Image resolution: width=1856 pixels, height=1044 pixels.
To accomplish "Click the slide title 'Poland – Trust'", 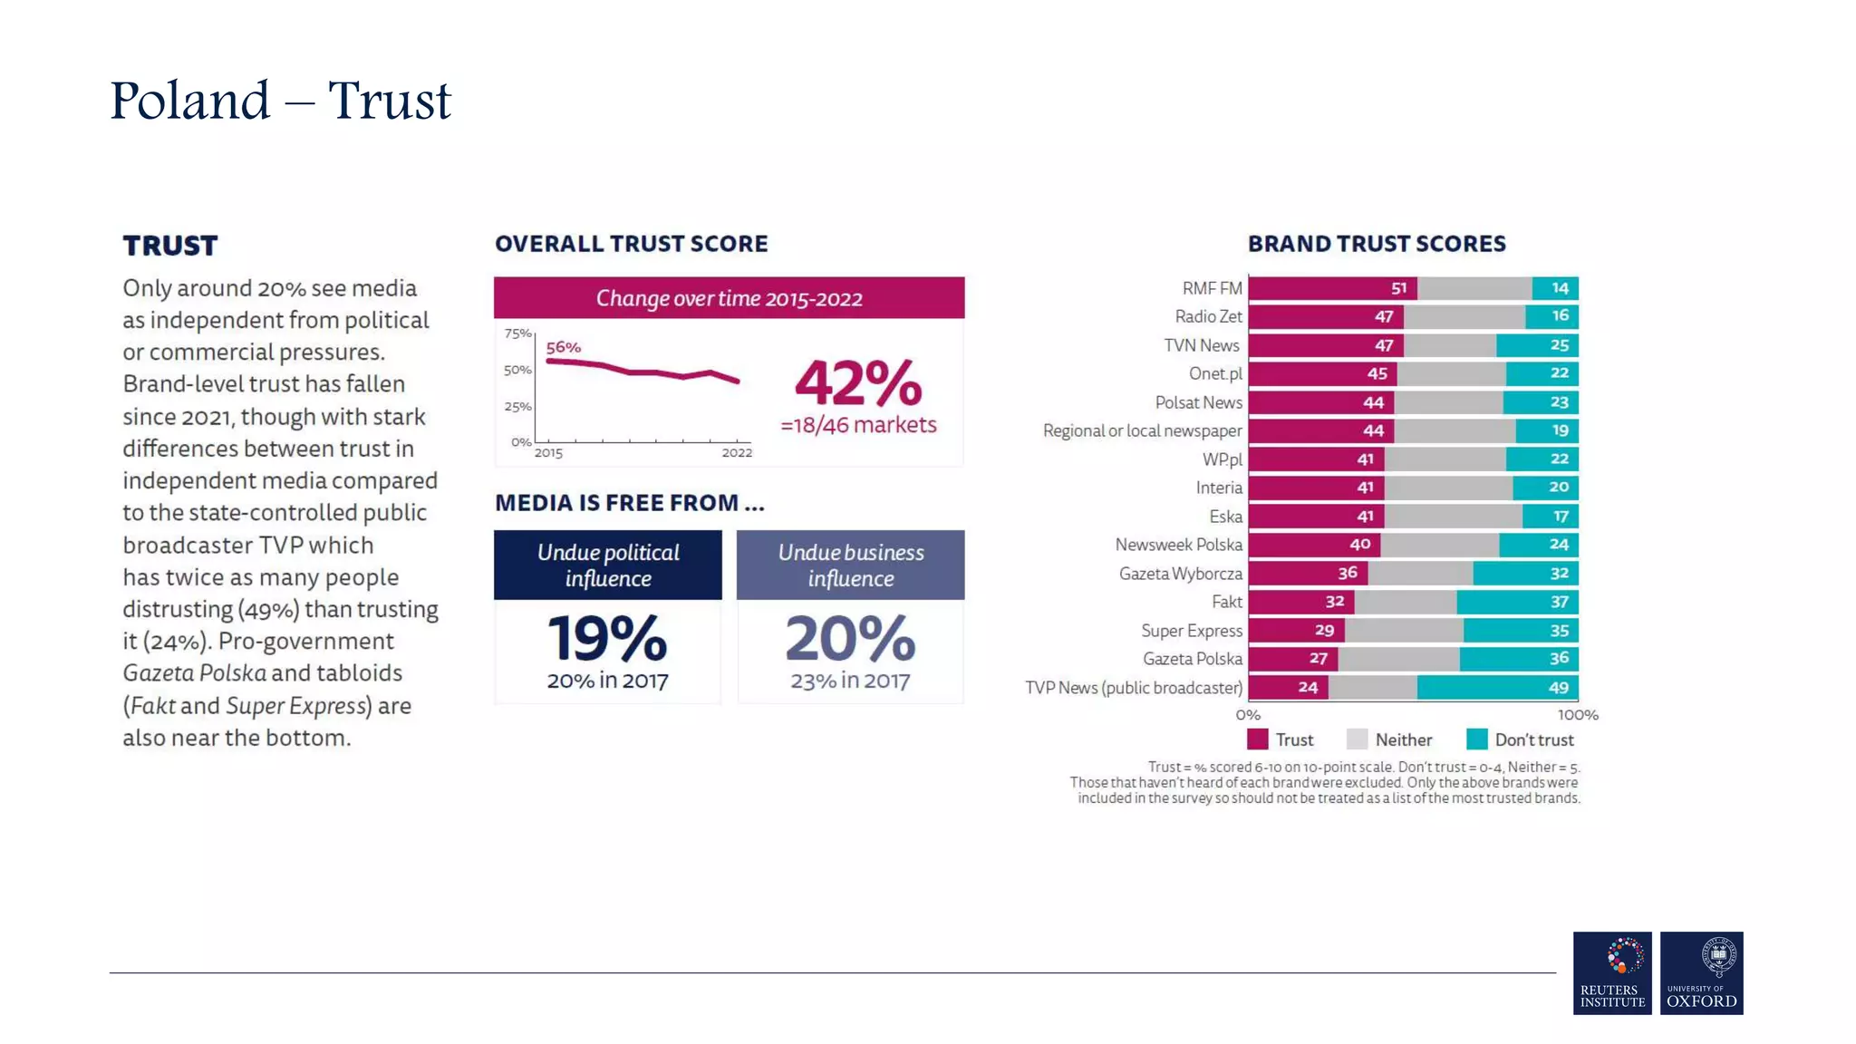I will [x=280, y=100].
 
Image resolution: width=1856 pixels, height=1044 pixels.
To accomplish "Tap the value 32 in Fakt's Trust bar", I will [x=1335, y=602].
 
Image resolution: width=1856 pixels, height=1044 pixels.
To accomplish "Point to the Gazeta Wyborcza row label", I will [x=1180, y=574].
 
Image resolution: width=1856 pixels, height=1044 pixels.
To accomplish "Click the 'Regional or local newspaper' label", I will [x=1142, y=430].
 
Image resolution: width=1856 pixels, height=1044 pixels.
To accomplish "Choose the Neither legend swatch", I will [x=1357, y=739].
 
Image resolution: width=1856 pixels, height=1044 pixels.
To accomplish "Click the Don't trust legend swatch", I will [x=1476, y=739].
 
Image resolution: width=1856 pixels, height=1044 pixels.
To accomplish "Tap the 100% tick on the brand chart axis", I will [x=1578, y=715].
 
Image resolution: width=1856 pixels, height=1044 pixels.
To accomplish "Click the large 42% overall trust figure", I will [x=858, y=383].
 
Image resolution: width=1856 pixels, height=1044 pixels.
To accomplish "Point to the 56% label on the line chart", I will [x=563, y=347].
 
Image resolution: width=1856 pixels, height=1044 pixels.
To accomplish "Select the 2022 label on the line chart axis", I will [x=737, y=453].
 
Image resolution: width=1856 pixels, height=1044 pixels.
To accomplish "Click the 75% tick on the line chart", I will [x=517, y=333].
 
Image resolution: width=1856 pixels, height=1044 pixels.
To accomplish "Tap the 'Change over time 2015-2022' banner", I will [x=729, y=298].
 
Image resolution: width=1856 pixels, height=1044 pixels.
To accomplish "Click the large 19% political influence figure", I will [x=607, y=638].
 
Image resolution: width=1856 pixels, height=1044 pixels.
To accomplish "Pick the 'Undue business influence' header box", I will [x=850, y=565].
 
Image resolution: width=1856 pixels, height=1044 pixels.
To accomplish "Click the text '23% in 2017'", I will [x=850, y=681].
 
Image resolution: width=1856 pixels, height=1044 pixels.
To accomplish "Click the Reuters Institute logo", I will [x=1611, y=972].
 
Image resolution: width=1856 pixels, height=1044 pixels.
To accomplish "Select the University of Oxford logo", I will [x=1701, y=972].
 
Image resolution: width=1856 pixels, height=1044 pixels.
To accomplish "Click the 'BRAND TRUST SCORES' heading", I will [x=1376, y=244].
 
